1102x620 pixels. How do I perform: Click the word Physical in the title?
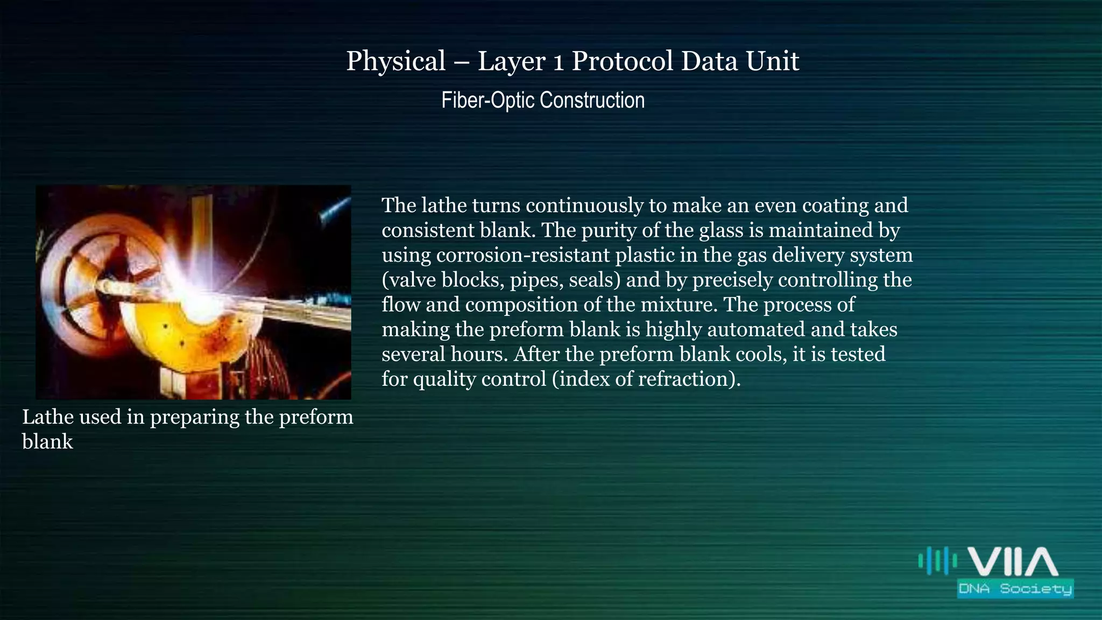coord(395,61)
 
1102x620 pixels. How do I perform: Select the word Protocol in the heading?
coord(622,61)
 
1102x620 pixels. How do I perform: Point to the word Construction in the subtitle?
coord(592,101)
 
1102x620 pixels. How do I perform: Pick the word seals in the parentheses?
coord(591,280)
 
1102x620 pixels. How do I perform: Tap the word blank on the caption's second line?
coord(47,442)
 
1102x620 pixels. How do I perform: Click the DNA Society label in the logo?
coord(1015,588)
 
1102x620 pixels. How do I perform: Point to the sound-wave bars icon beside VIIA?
coord(937,561)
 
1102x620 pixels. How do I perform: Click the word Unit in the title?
coord(773,61)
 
